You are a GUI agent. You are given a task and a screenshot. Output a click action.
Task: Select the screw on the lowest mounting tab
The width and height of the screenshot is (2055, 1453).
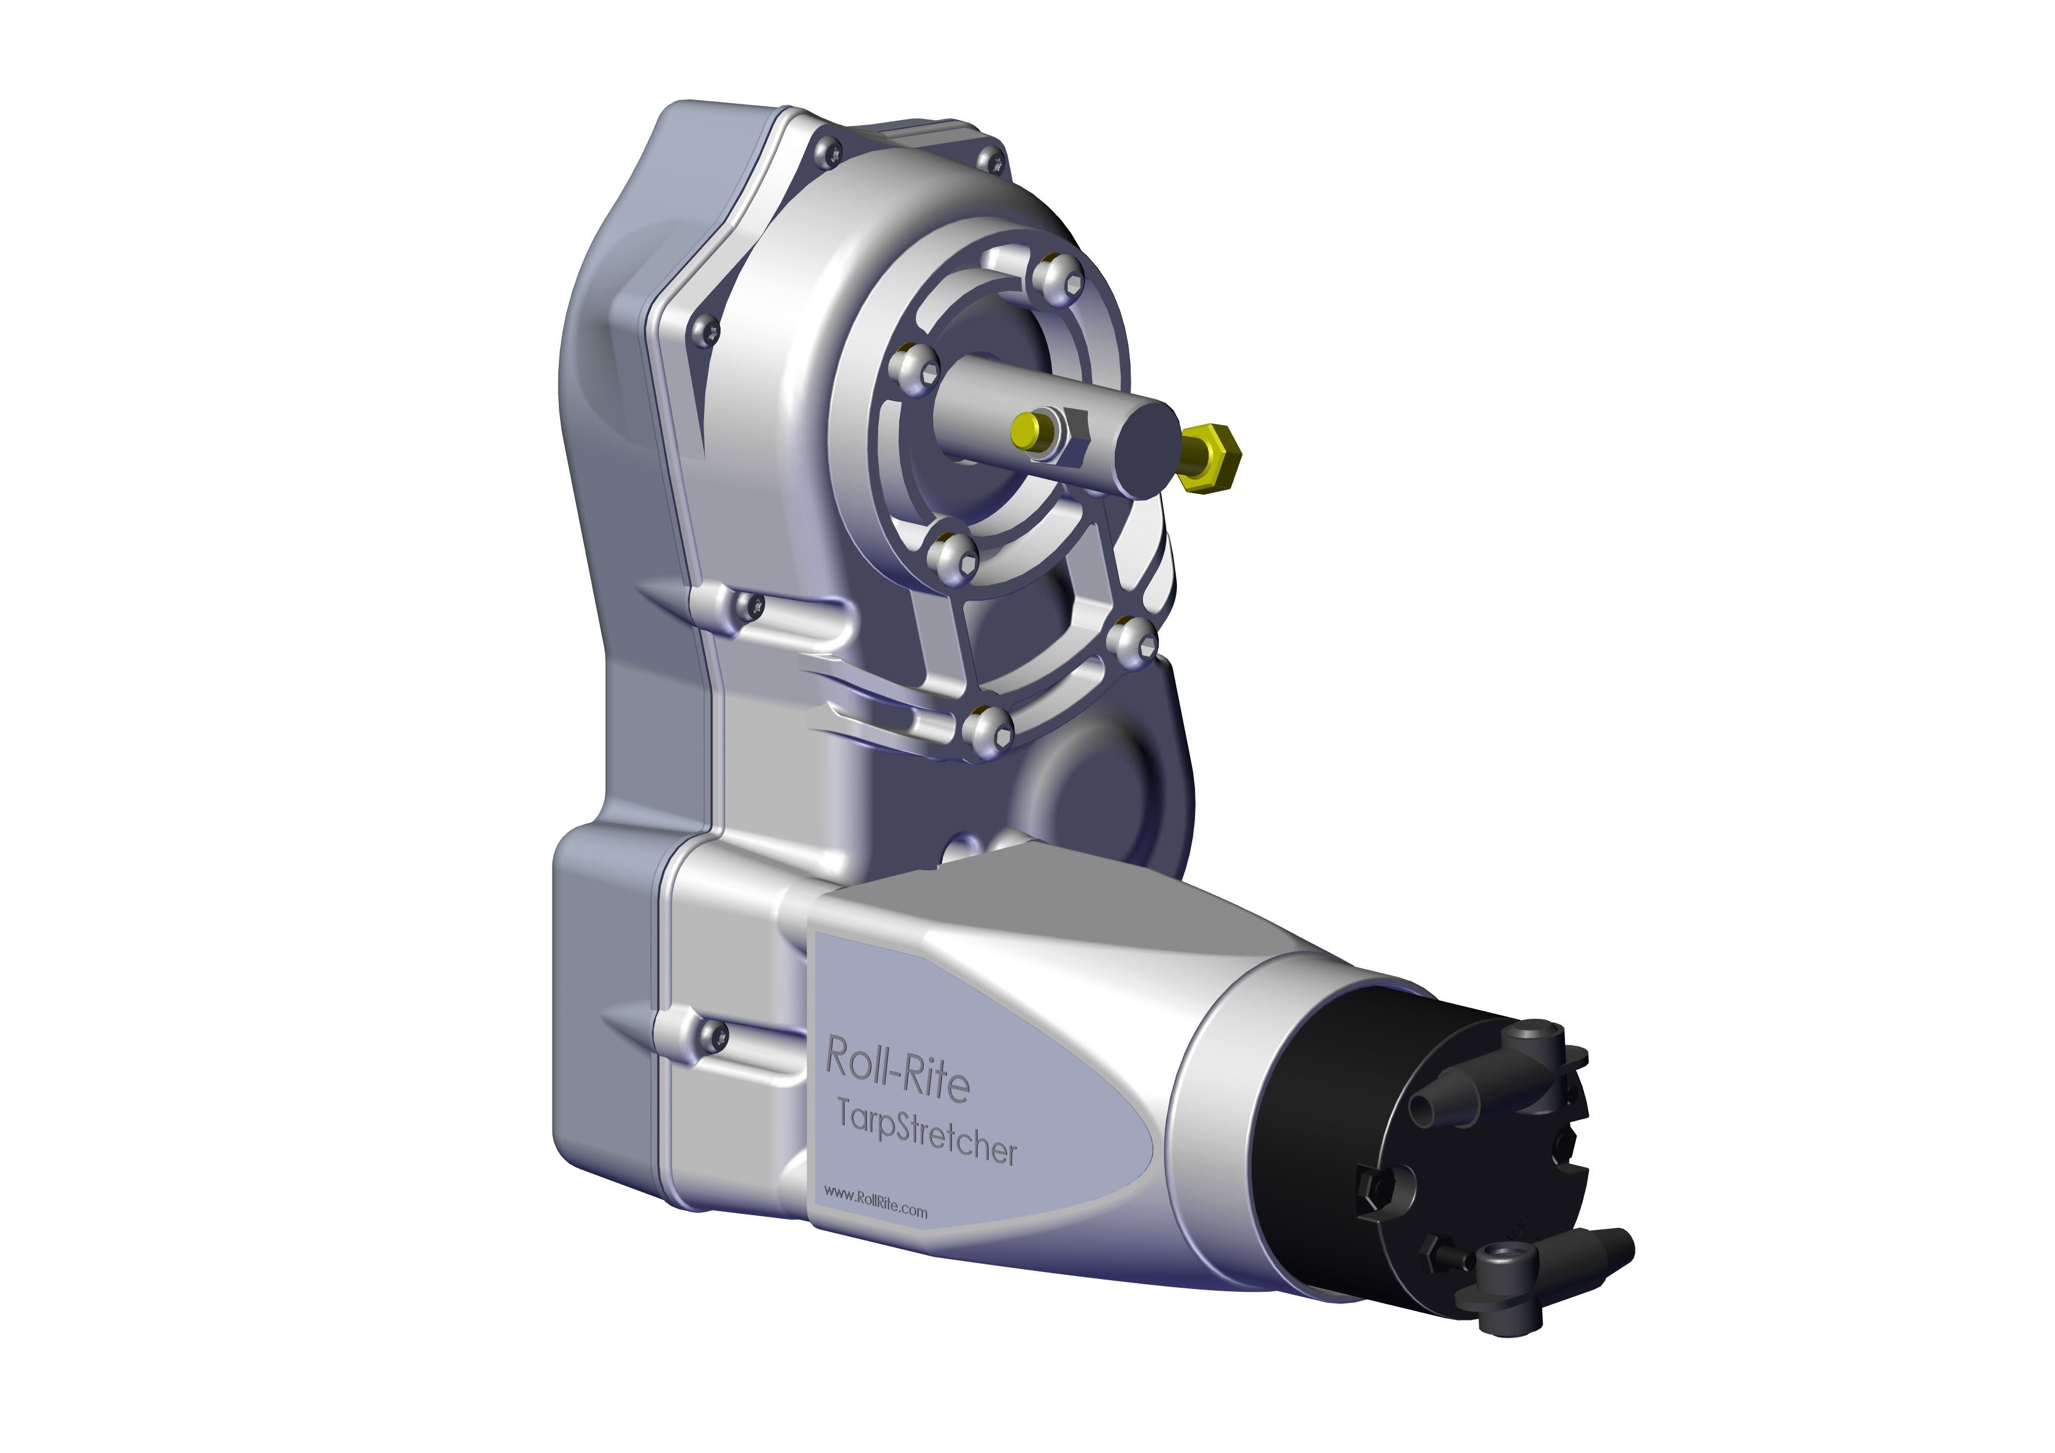pyautogui.click(x=714, y=1036)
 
